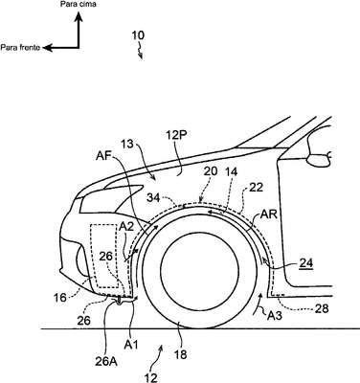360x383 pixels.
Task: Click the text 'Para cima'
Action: pos(78,4)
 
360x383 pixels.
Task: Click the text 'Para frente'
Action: pos(20,48)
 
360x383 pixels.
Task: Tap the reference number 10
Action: pos(138,35)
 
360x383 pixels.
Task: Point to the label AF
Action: pos(102,157)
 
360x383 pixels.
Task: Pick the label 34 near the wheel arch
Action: pos(154,198)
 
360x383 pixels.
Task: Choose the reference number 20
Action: pos(211,171)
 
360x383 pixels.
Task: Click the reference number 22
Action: pos(257,188)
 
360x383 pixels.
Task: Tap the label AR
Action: pos(269,214)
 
